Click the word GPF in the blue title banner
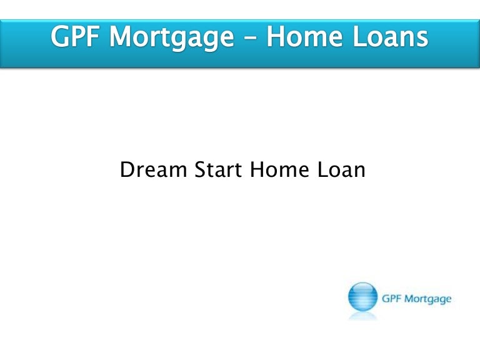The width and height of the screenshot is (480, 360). coord(75,36)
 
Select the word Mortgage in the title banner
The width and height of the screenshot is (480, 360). coord(172,38)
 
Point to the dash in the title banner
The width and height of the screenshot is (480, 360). coord(251,39)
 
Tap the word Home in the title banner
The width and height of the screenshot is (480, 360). coord(304,36)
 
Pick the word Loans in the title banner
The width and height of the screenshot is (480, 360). coord(390,36)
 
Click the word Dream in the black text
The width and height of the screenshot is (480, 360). coord(153,169)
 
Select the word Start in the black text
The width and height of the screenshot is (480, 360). coord(218,169)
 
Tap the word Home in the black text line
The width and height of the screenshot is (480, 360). coord(279,169)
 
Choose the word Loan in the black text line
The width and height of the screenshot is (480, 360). coord(341,169)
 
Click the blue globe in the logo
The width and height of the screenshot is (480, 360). coord(362,297)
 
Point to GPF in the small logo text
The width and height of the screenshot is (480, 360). coord(391,298)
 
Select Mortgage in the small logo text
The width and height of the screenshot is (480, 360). coord(427,299)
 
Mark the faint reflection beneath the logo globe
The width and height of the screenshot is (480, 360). coord(362,316)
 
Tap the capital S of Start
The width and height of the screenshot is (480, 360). coord(201,169)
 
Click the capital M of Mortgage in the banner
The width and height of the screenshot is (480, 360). coord(121,36)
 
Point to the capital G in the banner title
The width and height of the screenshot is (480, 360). coord(60,36)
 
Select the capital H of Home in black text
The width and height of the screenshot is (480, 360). coord(256,169)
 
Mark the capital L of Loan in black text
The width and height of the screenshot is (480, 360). coord(322,169)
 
